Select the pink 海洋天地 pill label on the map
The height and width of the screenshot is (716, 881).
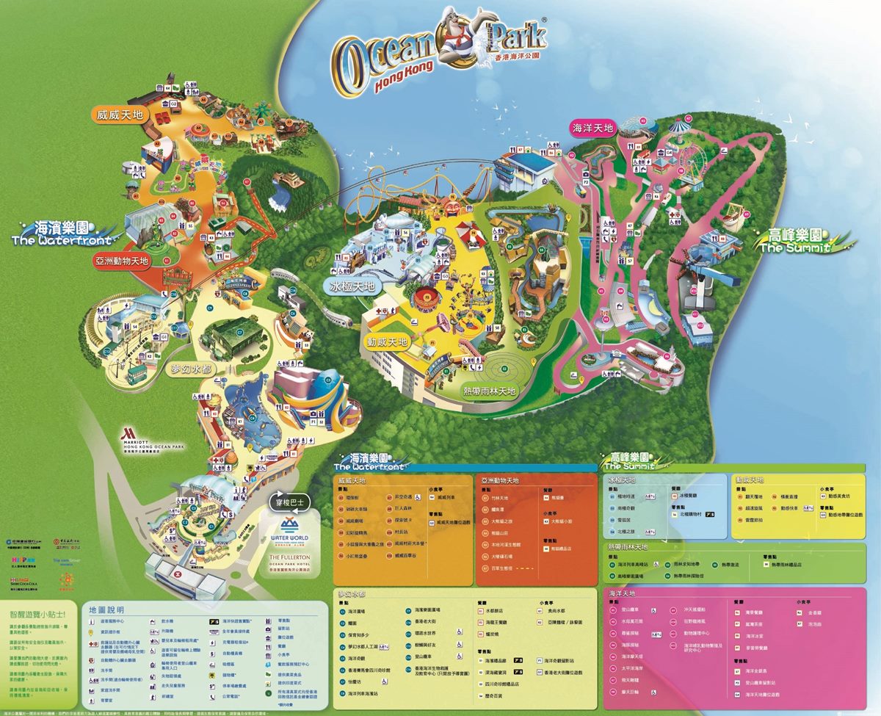coord(592,129)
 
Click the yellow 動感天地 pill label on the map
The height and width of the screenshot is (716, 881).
coord(388,342)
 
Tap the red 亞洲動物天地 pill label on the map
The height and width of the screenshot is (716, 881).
coord(122,260)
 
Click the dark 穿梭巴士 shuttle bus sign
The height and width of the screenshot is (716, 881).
coord(289,503)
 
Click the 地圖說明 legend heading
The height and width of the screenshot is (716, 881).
coord(106,609)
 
